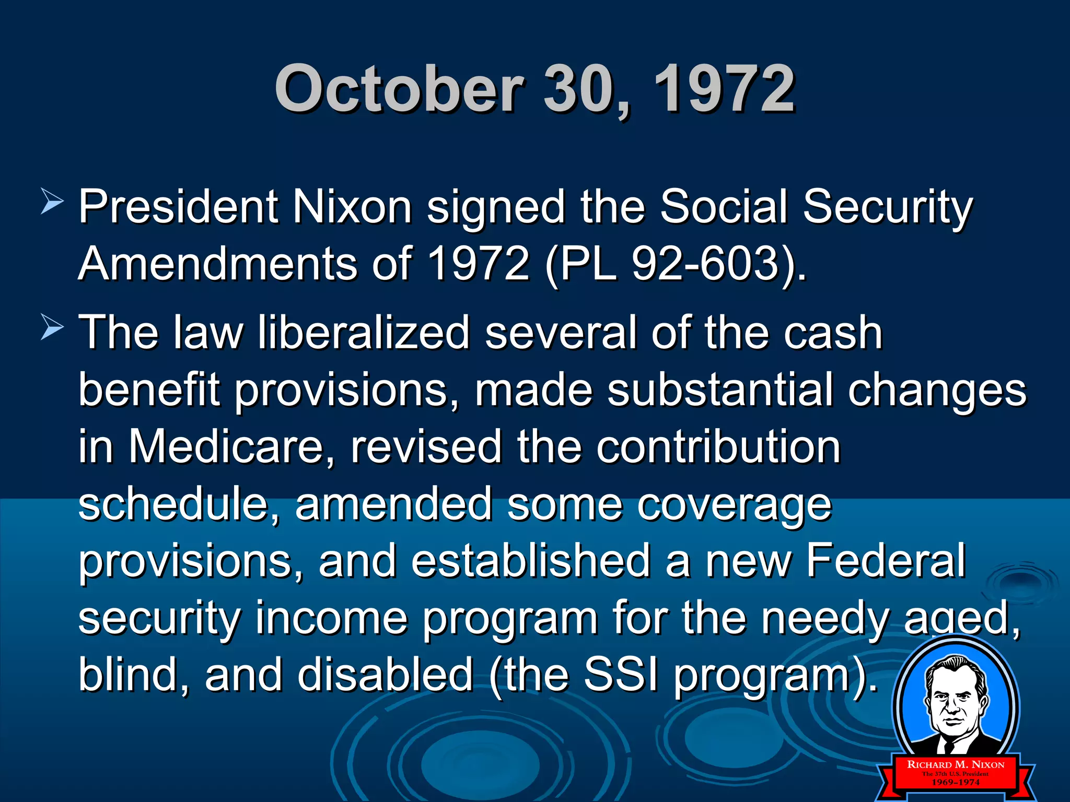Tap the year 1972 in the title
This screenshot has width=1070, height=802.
click(x=724, y=89)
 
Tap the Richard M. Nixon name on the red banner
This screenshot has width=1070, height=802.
click(x=956, y=764)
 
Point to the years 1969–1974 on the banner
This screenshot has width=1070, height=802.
click(x=956, y=782)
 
